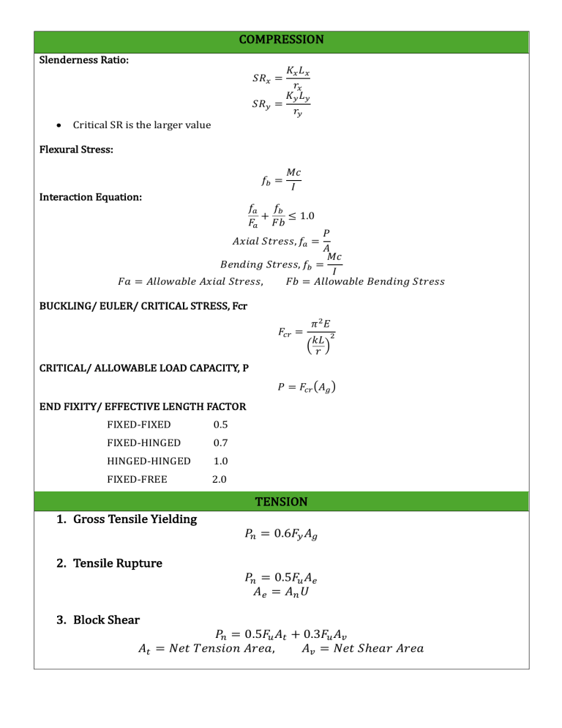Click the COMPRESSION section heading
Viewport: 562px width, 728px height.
coord(281,39)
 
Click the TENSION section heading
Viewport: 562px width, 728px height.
coord(281,502)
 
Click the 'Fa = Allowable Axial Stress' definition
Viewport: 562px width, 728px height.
coord(190,281)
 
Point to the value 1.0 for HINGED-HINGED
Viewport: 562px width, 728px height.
coord(220,461)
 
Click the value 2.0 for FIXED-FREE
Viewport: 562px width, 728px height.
coord(220,480)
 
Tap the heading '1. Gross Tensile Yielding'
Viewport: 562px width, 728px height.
coord(127,519)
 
